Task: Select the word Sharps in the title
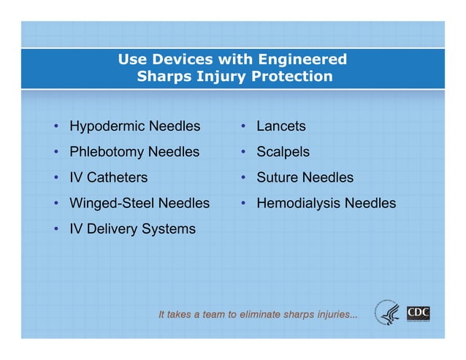click(163, 76)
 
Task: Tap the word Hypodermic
click(107, 127)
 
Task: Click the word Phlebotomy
click(107, 153)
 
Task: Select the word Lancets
click(280, 126)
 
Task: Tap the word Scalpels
click(283, 153)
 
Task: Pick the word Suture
click(277, 177)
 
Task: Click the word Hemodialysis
click(299, 203)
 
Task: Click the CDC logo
click(418, 313)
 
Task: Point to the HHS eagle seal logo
click(388, 313)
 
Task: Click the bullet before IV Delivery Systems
click(56, 229)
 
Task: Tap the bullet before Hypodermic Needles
click(56, 127)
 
